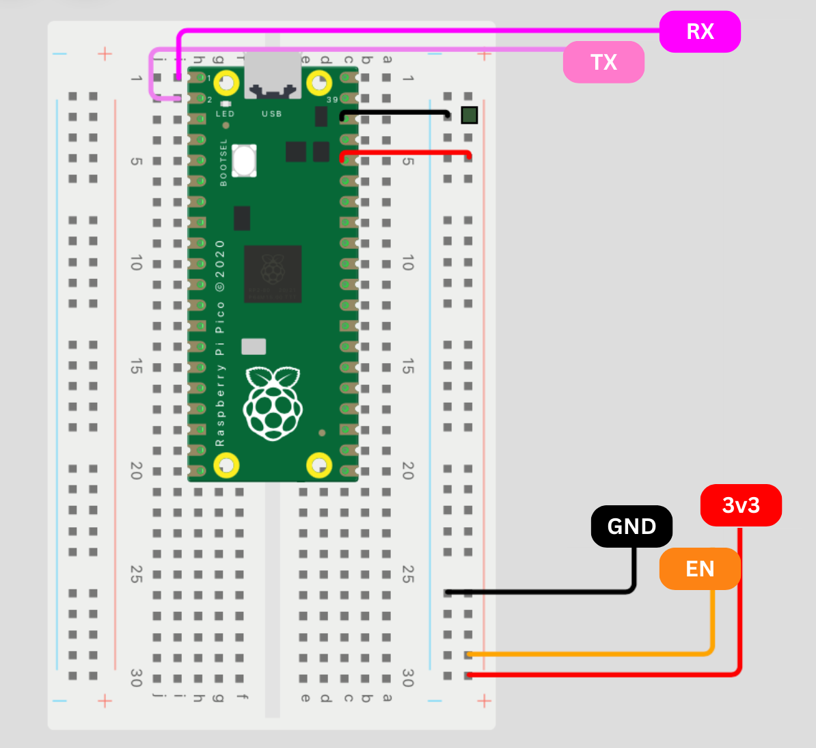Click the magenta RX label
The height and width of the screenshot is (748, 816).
coord(700,31)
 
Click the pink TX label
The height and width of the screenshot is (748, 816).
coord(603,62)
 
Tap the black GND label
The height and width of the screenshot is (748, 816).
coord(631,526)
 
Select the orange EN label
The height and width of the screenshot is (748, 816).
coord(700,569)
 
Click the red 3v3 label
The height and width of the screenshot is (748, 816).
coord(741,505)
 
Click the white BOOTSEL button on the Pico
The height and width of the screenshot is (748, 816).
coord(244,161)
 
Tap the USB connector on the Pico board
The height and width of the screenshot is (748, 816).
coord(273,75)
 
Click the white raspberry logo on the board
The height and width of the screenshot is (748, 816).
coord(273,403)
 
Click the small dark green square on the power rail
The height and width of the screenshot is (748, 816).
coord(469,116)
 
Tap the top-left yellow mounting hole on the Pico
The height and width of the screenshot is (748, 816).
coord(226,83)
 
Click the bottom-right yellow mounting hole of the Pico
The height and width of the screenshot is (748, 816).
coord(318,466)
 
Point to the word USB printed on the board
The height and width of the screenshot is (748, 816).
coord(271,113)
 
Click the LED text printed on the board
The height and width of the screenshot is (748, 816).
coord(225,113)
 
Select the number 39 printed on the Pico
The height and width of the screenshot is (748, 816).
coord(332,100)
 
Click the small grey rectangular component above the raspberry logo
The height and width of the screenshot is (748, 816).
coord(254,346)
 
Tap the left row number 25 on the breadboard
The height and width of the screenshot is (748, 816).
coord(136,574)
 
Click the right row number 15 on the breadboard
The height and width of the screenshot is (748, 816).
coord(407,366)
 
